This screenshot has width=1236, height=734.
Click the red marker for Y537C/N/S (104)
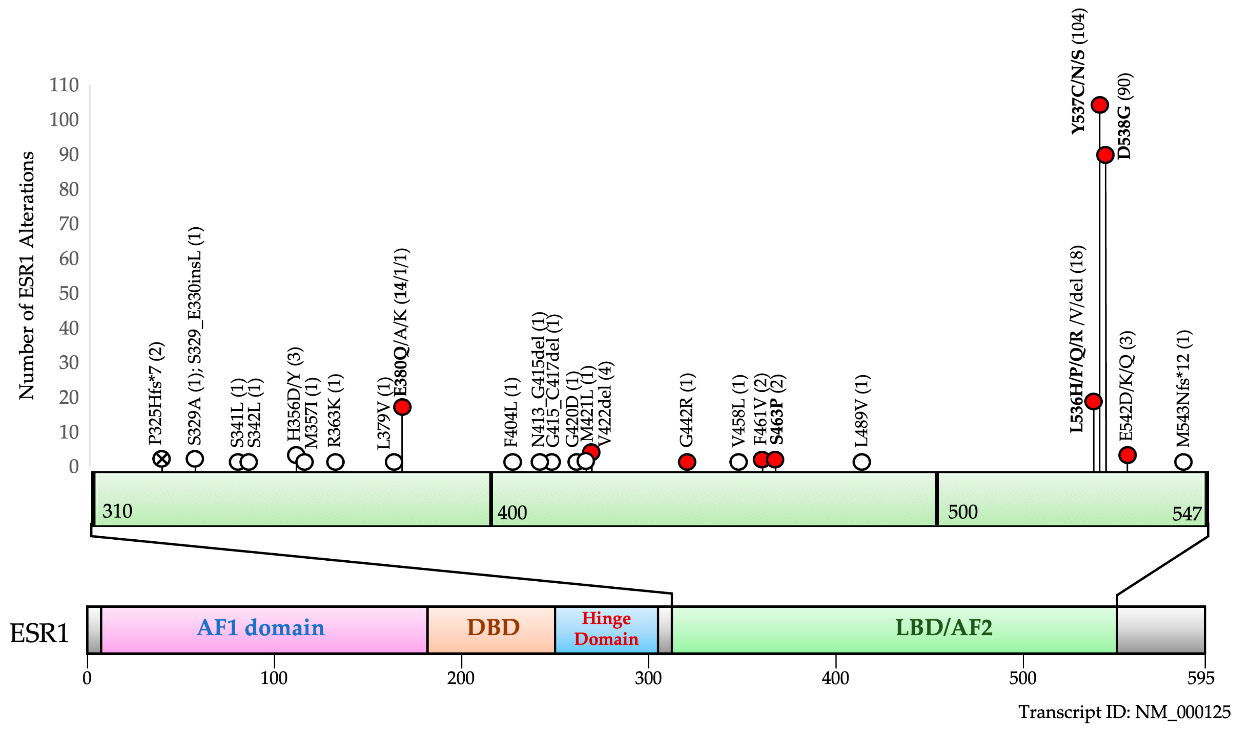pos(1099,105)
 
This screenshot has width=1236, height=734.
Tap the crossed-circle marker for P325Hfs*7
pos(162,459)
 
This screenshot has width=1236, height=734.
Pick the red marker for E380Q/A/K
pos(402,407)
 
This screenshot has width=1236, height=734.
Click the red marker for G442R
pos(687,462)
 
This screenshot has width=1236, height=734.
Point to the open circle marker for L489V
pos(861,462)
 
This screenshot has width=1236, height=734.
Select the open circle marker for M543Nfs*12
pos(1183,462)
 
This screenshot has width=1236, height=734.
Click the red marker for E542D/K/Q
pos(1127,455)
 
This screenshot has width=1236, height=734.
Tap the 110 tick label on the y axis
pos(64,85)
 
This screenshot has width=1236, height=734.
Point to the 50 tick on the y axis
pos(69,293)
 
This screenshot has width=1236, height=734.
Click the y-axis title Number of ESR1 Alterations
pos(27,275)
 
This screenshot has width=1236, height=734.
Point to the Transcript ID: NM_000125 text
pos(1124,712)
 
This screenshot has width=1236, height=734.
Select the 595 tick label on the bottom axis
pos(1201,678)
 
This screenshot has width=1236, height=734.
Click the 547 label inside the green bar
pos(1187,514)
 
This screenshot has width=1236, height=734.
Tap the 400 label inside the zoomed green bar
pos(512,513)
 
